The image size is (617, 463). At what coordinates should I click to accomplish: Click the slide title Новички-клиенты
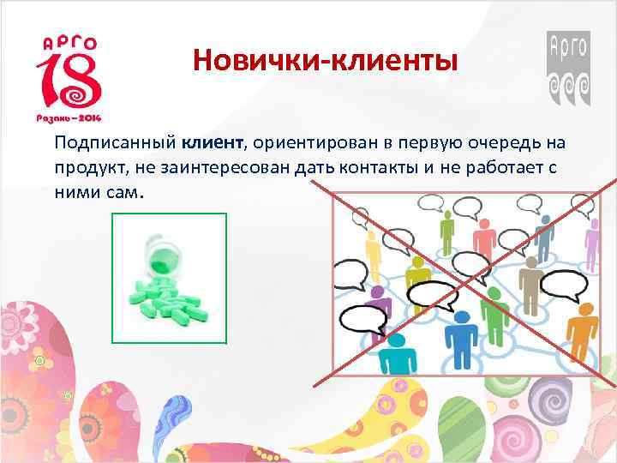coord(325,61)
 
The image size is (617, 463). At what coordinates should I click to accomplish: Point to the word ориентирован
coord(309,142)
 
